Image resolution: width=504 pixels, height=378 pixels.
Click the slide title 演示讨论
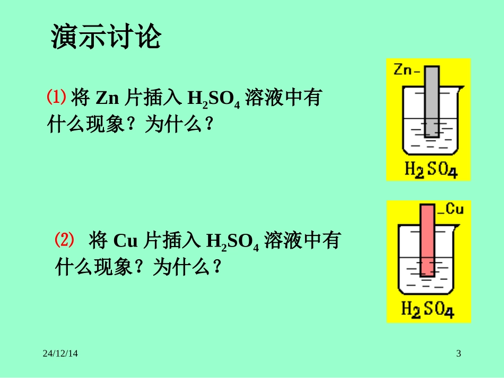(x=106, y=38)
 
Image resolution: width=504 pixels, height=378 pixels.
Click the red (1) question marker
(x=56, y=97)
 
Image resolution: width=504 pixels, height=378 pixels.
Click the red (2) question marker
(x=64, y=241)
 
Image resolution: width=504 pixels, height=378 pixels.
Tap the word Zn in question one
(x=108, y=98)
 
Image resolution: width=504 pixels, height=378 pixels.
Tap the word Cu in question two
(x=126, y=242)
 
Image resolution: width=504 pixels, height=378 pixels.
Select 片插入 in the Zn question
(x=153, y=98)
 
